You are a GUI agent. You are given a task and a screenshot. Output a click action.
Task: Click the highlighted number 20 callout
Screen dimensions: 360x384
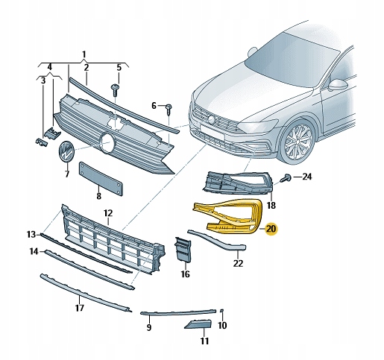271,229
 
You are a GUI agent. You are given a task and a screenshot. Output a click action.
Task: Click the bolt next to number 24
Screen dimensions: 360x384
286,177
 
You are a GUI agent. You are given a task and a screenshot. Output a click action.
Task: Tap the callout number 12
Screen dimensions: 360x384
107,213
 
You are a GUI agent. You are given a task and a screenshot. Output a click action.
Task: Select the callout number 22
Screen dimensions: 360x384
238,262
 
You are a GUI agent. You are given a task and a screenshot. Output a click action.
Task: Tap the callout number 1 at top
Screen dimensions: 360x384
84,54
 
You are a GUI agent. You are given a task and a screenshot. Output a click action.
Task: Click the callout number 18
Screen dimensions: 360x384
271,204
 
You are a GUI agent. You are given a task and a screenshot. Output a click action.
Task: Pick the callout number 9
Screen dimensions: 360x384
149,327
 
